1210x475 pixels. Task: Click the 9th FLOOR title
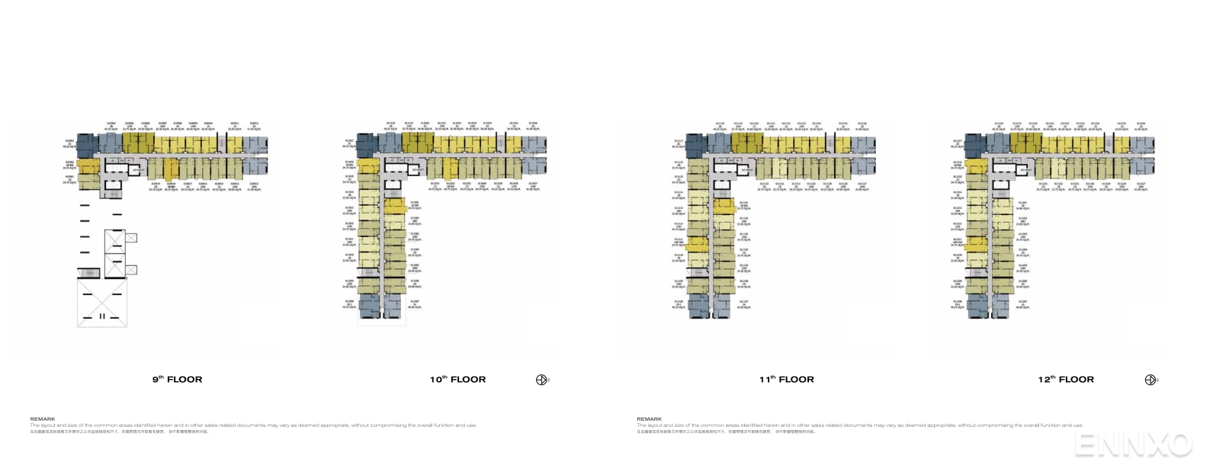[177, 379]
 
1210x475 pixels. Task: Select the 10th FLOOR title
[457, 379]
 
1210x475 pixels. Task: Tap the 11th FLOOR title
[786, 379]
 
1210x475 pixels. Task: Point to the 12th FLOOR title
[1066, 379]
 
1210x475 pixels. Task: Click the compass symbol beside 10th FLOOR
[542, 380]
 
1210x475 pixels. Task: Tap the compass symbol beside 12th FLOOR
[1151, 380]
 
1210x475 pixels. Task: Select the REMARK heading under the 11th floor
[649, 419]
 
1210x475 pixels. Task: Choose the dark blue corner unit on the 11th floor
[697, 144]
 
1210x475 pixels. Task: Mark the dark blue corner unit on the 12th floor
[977, 144]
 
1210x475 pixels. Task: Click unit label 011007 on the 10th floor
[415, 301]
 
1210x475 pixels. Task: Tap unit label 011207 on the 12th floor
[1023, 301]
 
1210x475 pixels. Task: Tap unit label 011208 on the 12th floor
[958, 301]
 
